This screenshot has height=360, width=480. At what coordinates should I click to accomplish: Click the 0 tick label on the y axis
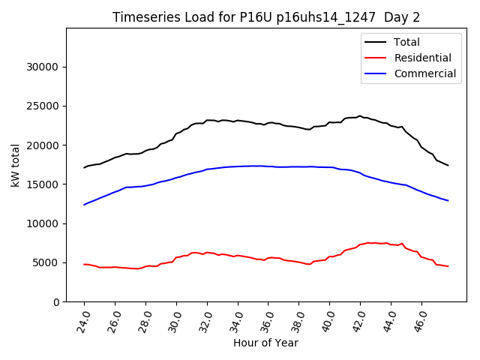coord(56,301)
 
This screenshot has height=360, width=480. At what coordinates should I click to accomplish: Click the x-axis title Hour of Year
coord(265,343)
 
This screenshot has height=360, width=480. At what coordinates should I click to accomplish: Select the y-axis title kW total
coord(15,165)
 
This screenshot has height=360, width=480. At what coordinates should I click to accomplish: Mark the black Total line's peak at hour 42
coord(360,116)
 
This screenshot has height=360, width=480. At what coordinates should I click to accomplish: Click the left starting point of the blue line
coord(84,205)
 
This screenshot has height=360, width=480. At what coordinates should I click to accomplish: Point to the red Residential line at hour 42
coord(360,244)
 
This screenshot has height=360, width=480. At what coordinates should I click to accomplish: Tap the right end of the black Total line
coord(448,165)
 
